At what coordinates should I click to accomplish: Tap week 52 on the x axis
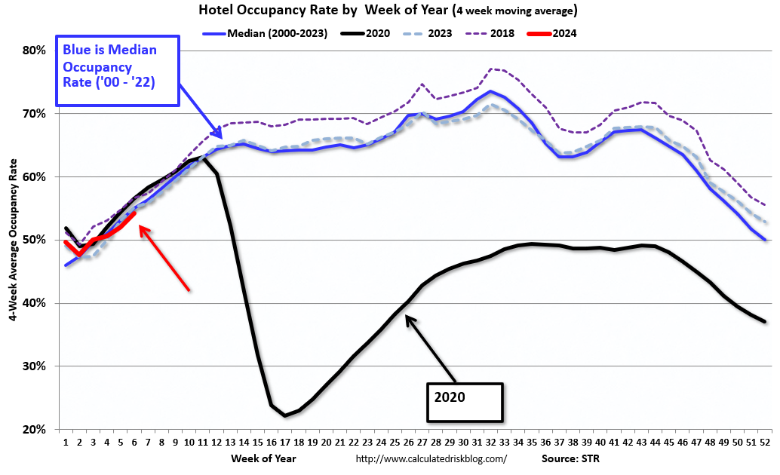pos(765,442)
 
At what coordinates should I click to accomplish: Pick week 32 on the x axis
pos(491,442)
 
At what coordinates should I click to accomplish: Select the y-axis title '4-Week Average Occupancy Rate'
pos(14,240)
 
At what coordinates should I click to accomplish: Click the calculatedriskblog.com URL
pos(431,458)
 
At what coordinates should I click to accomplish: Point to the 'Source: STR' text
pos(571,458)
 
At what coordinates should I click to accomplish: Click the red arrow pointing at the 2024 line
pos(164,257)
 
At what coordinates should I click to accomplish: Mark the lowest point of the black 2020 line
pos(284,415)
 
